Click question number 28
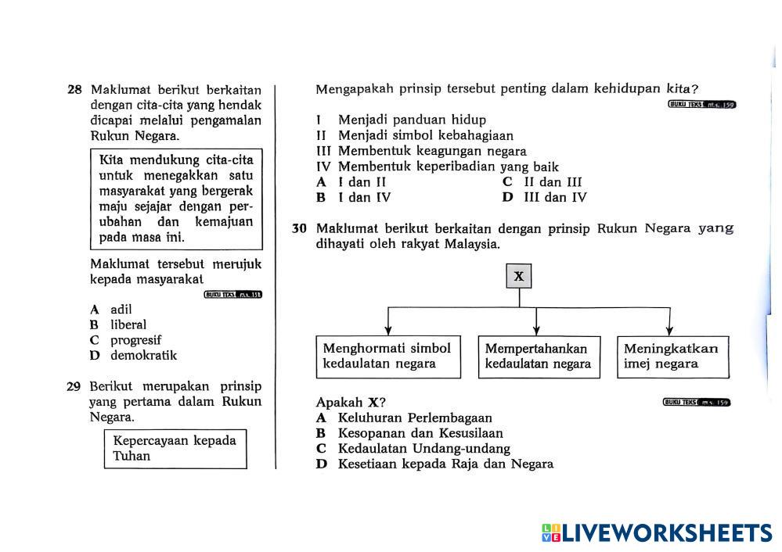click(x=74, y=89)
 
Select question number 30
click(x=298, y=229)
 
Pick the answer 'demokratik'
click(x=143, y=356)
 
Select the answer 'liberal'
click(x=128, y=324)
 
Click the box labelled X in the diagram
click(x=518, y=276)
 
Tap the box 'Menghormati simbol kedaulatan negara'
click(x=387, y=357)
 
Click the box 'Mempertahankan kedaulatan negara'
click(x=539, y=357)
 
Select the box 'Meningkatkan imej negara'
click(x=672, y=357)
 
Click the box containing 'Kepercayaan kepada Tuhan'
click(x=175, y=448)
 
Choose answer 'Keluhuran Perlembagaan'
click(x=414, y=418)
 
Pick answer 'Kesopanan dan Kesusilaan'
click(x=420, y=433)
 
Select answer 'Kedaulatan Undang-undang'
click(x=423, y=449)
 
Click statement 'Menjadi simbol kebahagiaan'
click(x=425, y=135)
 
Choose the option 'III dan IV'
click(x=554, y=198)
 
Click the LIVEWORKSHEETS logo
click(x=657, y=533)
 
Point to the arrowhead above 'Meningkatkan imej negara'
click(x=668, y=331)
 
